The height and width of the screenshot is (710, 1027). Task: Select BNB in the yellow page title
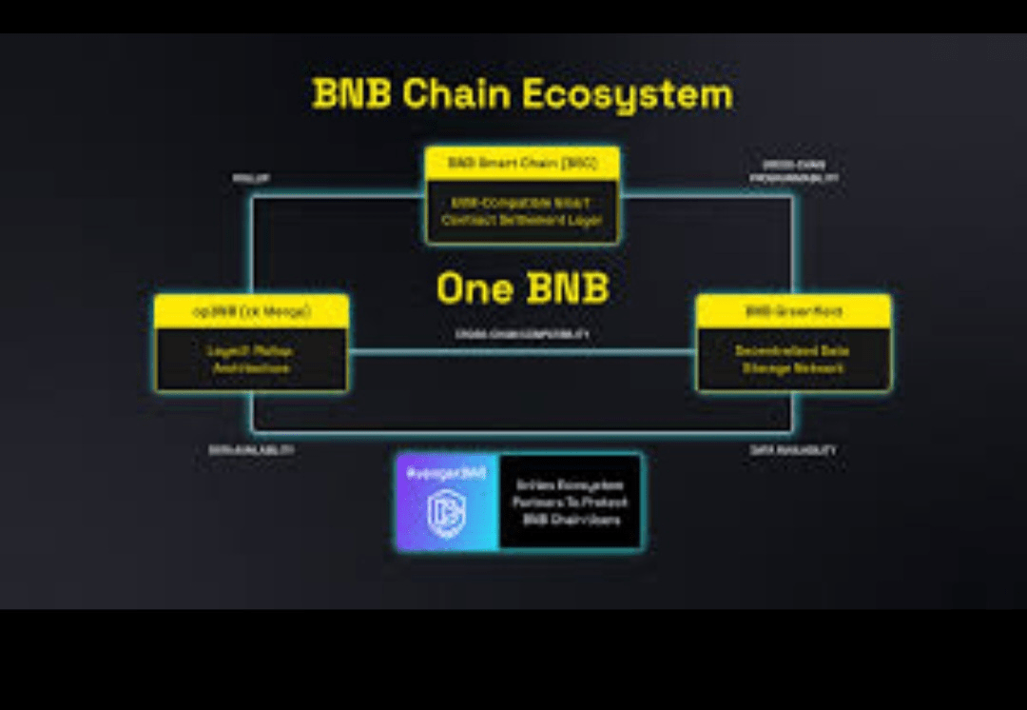pyautogui.click(x=352, y=94)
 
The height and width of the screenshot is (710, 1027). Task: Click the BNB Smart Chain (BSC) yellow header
pyautogui.click(x=522, y=163)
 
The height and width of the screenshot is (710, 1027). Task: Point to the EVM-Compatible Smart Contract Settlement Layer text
pyautogui.click(x=522, y=211)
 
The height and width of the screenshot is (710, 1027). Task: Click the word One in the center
pyautogui.click(x=475, y=288)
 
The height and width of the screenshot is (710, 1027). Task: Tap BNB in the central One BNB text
pyautogui.click(x=569, y=288)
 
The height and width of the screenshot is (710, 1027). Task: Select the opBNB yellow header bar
pyautogui.click(x=251, y=311)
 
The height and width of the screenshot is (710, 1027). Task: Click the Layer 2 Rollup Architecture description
pyautogui.click(x=251, y=359)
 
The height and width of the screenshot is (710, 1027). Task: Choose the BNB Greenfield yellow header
pyautogui.click(x=793, y=311)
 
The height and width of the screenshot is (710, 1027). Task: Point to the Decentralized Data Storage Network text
pyautogui.click(x=793, y=359)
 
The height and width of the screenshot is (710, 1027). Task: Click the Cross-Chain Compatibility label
pyautogui.click(x=522, y=335)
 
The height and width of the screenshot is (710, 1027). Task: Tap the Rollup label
pyautogui.click(x=251, y=178)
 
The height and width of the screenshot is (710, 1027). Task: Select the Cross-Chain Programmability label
pyautogui.click(x=794, y=171)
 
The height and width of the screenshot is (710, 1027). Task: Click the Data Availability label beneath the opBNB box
pyautogui.click(x=251, y=449)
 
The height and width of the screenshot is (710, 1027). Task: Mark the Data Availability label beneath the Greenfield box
pyautogui.click(x=793, y=449)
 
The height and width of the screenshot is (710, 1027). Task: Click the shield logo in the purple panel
pyautogui.click(x=446, y=515)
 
